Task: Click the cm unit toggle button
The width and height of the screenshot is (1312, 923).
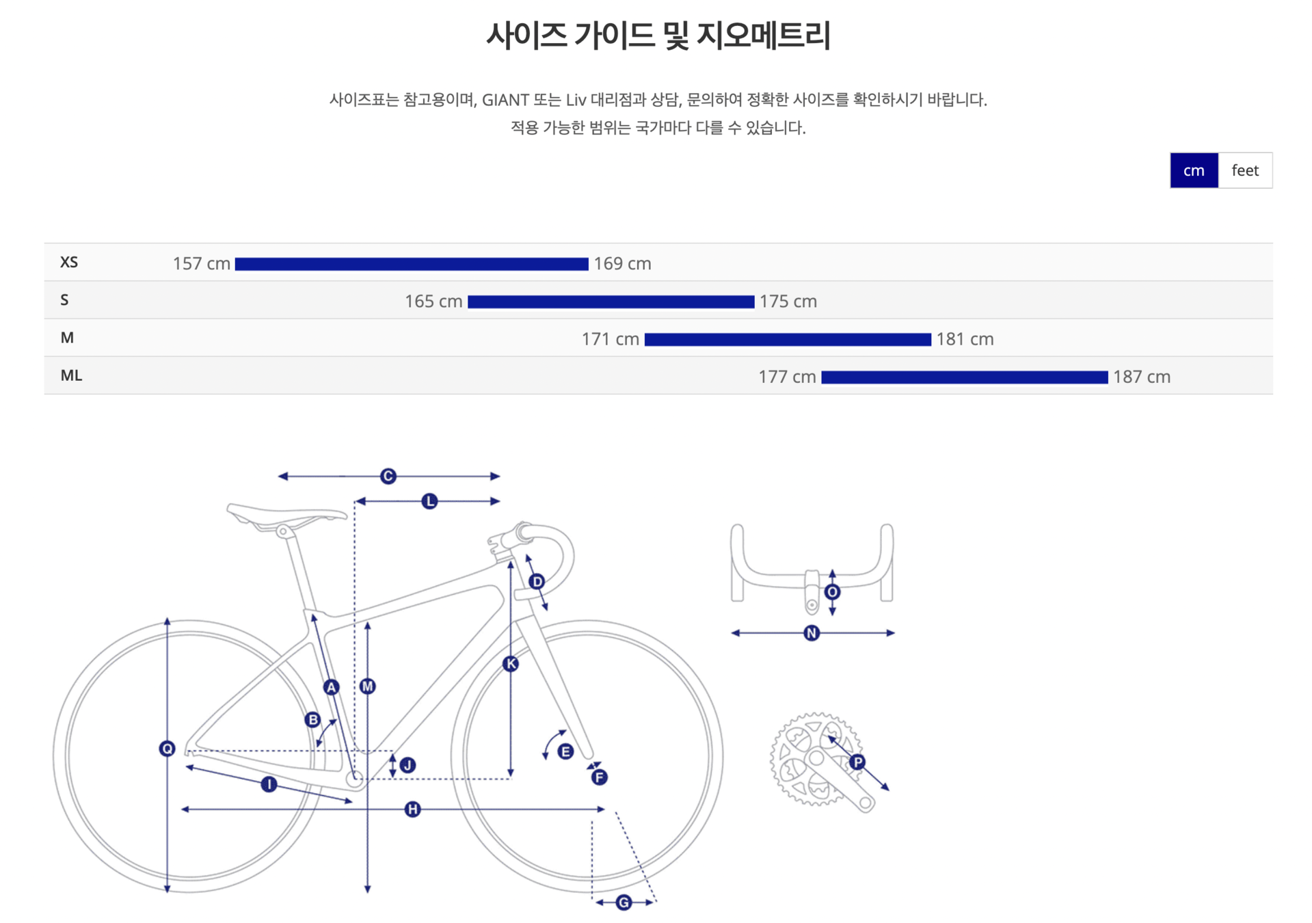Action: point(1193,170)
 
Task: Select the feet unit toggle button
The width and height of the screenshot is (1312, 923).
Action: point(1244,170)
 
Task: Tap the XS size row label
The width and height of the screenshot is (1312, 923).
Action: point(69,263)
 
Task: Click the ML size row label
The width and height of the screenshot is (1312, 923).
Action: point(71,375)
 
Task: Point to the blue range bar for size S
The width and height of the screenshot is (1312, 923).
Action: point(611,302)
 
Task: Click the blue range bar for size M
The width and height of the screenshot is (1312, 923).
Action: point(787,339)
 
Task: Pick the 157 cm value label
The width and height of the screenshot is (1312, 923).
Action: point(201,264)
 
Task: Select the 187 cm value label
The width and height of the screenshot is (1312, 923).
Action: point(1141,377)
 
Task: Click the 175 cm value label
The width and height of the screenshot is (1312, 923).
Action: point(788,302)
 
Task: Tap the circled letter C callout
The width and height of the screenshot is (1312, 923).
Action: point(388,476)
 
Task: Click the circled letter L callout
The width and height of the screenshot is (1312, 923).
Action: point(429,501)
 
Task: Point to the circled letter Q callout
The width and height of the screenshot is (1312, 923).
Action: point(167,749)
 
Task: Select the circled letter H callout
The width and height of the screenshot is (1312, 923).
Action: point(412,810)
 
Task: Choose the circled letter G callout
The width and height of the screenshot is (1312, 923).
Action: point(624,902)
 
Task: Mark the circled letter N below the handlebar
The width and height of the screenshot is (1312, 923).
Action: point(812,633)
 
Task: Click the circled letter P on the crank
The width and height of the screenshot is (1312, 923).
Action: point(857,762)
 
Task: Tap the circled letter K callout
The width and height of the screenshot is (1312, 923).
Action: point(511,663)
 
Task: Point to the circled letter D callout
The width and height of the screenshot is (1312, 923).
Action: point(537,582)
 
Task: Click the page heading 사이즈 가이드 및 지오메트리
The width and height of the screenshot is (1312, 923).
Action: point(658,36)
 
